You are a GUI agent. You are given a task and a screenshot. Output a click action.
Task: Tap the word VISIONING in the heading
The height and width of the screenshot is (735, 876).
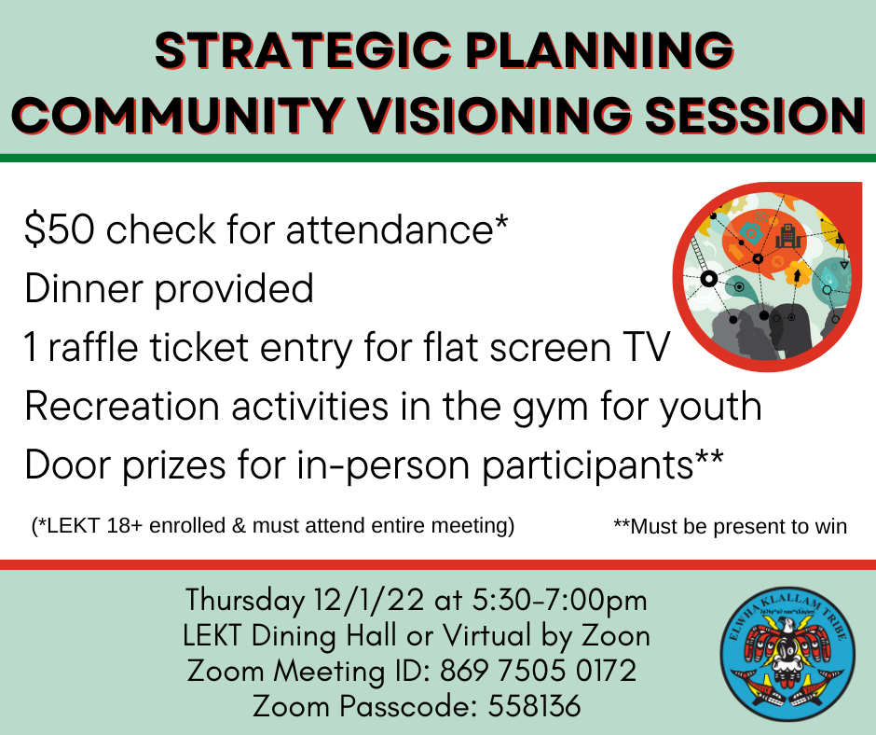pos(494,116)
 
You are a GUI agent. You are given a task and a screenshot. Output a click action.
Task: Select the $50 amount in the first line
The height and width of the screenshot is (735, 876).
pos(59,229)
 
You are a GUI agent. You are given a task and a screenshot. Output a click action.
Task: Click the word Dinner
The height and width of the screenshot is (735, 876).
pos(83,288)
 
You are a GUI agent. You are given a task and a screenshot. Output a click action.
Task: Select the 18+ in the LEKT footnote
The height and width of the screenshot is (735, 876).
pos(123,526)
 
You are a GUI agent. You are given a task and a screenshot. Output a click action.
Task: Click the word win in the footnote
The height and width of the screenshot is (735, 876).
pos(832,526)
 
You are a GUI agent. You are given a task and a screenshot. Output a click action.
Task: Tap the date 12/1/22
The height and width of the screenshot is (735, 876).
pos(369,601)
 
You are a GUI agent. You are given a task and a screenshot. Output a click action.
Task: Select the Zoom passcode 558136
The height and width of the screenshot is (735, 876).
pos(534,706)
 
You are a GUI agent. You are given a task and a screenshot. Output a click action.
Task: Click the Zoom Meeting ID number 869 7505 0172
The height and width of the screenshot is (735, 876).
pos(538,671)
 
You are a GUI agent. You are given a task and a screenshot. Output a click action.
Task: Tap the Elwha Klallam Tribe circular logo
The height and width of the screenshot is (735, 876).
pos(787,655)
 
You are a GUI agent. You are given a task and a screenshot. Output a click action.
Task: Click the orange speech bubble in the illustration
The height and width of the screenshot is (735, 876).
pos(765,243)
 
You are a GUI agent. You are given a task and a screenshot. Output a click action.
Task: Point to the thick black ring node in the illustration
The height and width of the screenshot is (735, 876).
pos(708,278)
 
